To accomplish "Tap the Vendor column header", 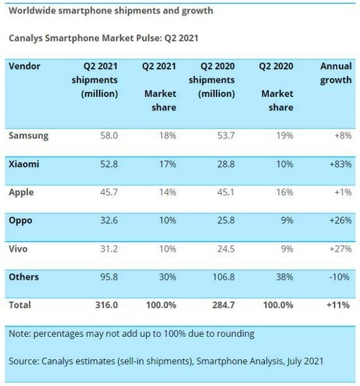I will point(24,67).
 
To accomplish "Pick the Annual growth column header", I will point(336,73).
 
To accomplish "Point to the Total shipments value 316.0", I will point(106,305).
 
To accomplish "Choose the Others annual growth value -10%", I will point(339,277).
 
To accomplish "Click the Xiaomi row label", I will point(24,164).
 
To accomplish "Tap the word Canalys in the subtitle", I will point(27,38).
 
